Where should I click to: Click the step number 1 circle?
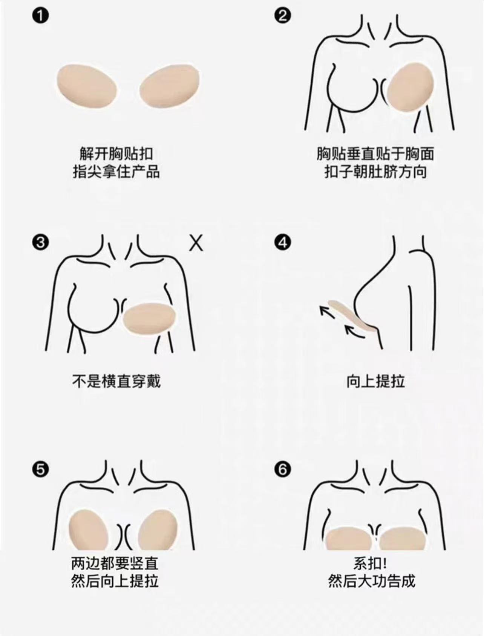coord(41,16)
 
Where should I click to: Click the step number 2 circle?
coord(283,16)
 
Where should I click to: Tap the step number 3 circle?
coord(41,242)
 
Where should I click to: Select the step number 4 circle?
coord(283,242)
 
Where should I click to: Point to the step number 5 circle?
coord(41,470)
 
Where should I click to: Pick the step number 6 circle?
coord(283,470)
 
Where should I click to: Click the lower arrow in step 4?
coord(354,329)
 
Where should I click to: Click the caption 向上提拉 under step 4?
coord(376,381)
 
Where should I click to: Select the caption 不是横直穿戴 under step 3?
coord(116,381)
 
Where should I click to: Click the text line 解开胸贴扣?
coord(116,154)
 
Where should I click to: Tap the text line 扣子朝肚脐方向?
coord(375,172)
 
